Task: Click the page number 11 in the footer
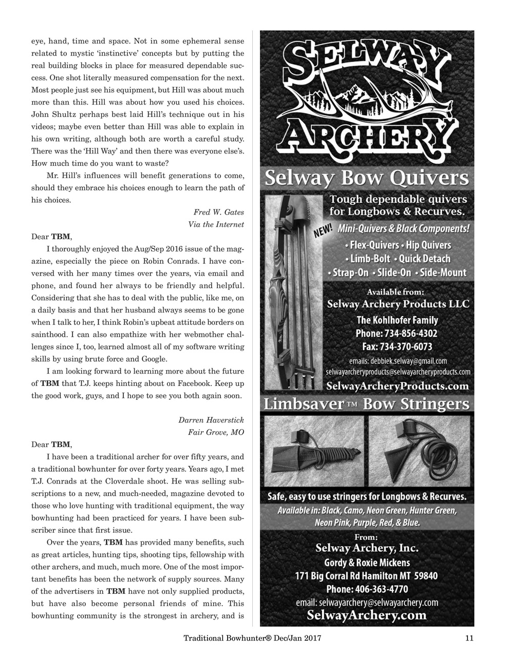coord(469,638)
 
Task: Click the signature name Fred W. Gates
coord(218,212)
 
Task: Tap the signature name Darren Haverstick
coord(211,419)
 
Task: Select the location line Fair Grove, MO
coord(216,432)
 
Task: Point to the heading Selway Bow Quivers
coord(366,179)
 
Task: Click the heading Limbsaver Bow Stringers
coord(366,404)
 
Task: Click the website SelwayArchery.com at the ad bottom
coord(366,614)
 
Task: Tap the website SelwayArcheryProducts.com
coord(398,385)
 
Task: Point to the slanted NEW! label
coord(324,232)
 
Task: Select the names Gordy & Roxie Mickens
coord(366,562)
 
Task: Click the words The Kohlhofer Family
coord(397,320)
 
